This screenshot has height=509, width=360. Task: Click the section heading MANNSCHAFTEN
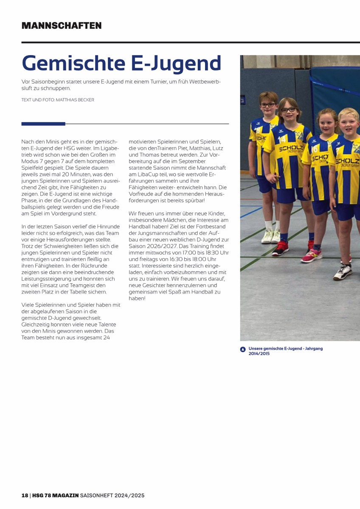62,25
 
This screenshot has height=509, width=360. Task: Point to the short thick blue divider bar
43,124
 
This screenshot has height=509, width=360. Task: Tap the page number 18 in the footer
25,495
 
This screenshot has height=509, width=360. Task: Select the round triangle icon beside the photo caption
243,350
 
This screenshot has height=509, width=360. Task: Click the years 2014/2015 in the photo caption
259,353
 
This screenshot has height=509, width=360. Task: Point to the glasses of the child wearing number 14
289,109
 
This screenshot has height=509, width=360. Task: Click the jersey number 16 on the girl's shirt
315,150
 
